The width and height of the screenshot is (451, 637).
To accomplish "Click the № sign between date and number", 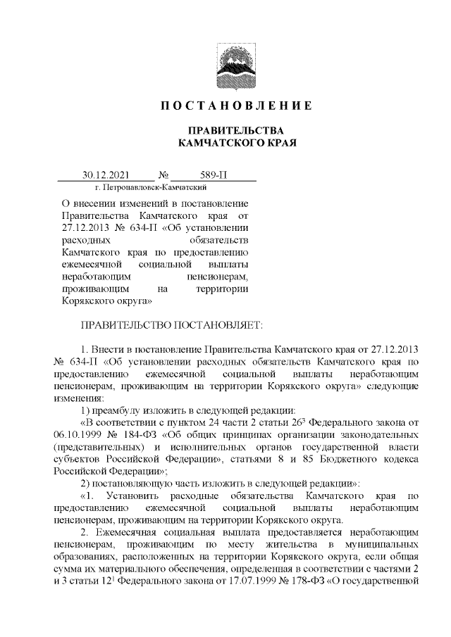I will (x=164, y=175).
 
